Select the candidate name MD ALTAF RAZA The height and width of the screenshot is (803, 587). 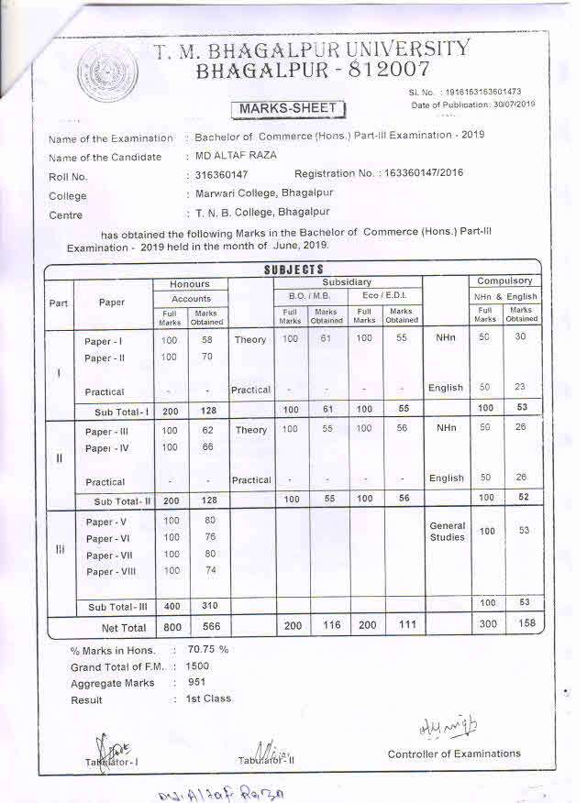coord(235,156)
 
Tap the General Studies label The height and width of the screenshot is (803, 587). coord(447,532)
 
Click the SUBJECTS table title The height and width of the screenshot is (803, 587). coord(293,269)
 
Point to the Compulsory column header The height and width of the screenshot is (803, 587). coord(504,281)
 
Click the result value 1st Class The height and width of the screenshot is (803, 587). coord(208,698)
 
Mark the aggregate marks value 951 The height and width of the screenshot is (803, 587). coord(196,682)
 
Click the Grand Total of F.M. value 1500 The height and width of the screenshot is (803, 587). coord(198,666)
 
